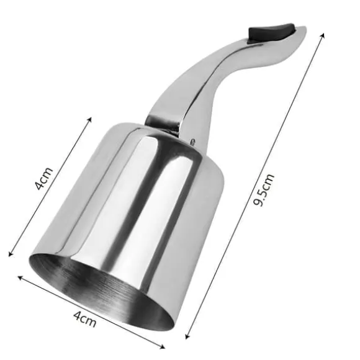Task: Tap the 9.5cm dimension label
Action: pos(264,190)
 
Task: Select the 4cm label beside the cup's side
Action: pos(44,179)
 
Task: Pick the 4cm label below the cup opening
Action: pos(84,319)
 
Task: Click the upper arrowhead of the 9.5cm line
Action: pos(323,35)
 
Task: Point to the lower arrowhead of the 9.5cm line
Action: pos(187,337)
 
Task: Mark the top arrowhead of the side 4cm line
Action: pos(90,119)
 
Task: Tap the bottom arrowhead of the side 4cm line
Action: pos(10,254)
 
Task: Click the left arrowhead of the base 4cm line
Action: pos(20,277)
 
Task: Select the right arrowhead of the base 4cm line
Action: pos(163,346)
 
